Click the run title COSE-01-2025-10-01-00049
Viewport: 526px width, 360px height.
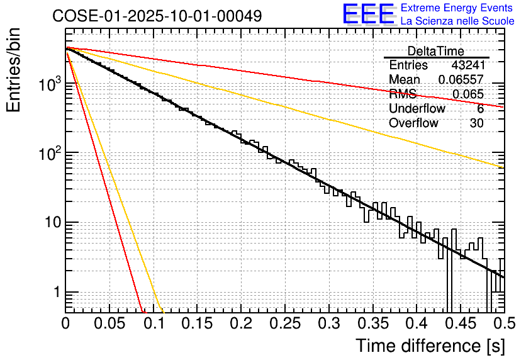[157, 16]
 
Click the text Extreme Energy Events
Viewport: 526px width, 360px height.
[457, 8]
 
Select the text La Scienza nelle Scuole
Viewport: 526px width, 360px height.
[457, 21]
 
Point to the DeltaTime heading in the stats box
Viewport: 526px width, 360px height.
[436, 51]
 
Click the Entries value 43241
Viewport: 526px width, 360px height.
[467, 65]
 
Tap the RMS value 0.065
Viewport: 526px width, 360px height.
[468, 94]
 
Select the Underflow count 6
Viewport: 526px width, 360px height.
[480, 109]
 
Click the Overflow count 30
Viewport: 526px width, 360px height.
[476, 123]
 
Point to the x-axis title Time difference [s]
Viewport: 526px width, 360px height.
[428, 346]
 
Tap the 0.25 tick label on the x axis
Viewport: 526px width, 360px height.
[284, 325]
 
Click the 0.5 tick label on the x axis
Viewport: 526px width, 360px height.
[502, 325]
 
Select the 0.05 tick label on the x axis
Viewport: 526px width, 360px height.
[109, 325]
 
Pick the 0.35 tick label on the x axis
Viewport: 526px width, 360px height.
[372, 325]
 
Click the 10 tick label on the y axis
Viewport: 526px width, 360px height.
[50, 223]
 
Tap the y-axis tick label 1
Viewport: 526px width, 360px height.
[55, 293]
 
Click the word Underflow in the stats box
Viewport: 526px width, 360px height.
[417, 109]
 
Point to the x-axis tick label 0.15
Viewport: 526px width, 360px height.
[197, 325]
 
